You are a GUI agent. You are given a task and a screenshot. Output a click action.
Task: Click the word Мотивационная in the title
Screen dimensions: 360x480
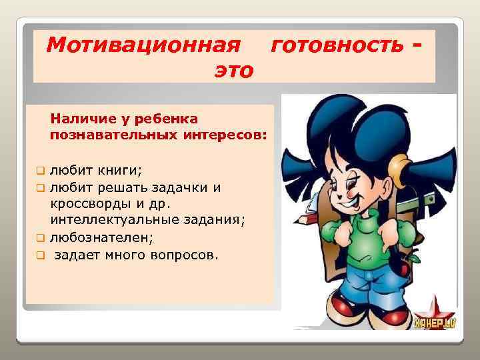(x=143, y=45)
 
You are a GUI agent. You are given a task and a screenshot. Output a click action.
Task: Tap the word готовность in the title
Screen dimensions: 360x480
(x=337, y=45)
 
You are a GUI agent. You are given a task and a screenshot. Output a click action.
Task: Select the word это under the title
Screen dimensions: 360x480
(x=233, y=69)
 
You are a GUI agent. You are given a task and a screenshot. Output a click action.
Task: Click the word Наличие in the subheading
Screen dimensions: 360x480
(x=78, y=119)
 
